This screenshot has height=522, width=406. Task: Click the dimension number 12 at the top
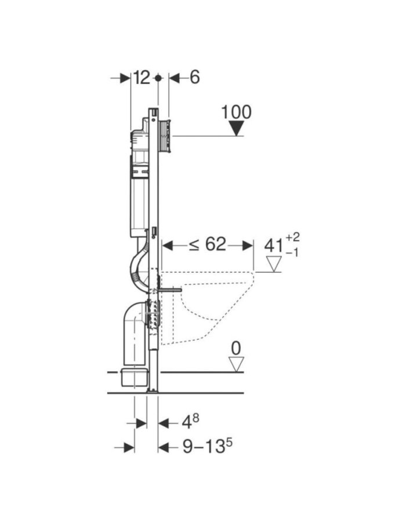142,77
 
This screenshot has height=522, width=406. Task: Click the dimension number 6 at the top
194,77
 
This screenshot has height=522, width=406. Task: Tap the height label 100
236,112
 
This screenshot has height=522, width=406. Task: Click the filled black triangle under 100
236,128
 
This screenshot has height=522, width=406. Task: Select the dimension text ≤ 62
207,245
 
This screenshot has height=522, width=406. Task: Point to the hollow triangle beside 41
273,265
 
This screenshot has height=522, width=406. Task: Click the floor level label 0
235,348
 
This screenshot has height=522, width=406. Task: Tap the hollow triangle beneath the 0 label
235,364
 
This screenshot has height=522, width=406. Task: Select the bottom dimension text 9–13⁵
198,447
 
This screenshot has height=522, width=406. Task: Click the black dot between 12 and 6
158,77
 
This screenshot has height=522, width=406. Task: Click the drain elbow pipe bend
133,316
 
